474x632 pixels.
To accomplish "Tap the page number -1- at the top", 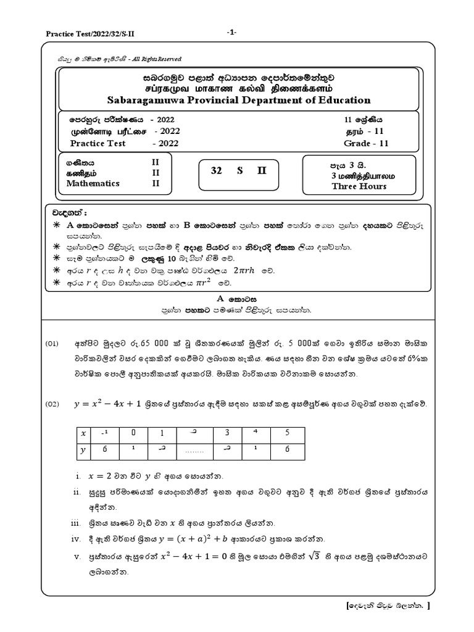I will point(232,32).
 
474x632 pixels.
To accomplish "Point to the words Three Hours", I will point(359,186).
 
